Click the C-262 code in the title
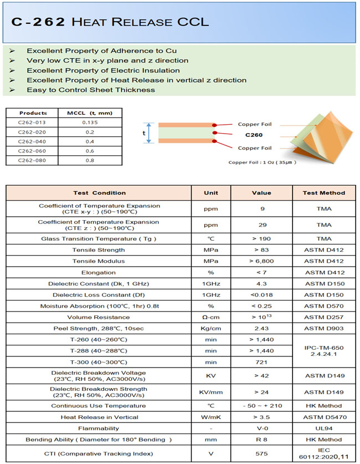(x=38, y=22)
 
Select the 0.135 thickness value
(x=90, y=121)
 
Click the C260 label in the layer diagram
(x=254, y=134)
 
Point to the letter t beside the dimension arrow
(x=143, y=133)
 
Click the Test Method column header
(x=324, y=193)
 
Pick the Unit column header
(x=211, y=193)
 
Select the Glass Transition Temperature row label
(x=99, y=239)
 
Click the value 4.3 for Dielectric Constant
(x=263, y=283)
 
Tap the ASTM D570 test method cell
(x=324, y=306)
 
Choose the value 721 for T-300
(x=263, y=362)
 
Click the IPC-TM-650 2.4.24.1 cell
(x=324, y=351)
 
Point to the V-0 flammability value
(x=263, y=428)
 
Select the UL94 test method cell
(x=324, y=428)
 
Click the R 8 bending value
(x=263, y=439)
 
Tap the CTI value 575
(x=263, y=453)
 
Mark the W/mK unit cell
(x=211, y=417)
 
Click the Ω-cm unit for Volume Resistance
(x=211, y=317)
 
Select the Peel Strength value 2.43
(x=263, y=328)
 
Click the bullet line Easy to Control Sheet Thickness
(x=91, y=90)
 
